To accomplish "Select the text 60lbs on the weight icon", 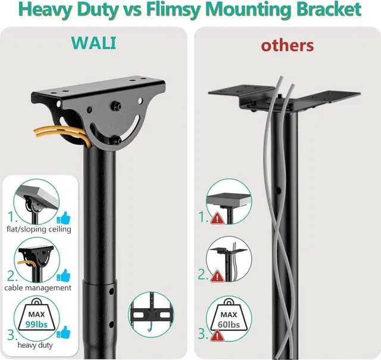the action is (x=229, y=324).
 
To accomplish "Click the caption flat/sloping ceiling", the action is (x=39, y=229).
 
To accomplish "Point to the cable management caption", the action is (x=39, y=287).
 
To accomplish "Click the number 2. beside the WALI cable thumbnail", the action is (x=13, y=275).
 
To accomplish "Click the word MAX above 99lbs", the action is (x=38, y=314).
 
